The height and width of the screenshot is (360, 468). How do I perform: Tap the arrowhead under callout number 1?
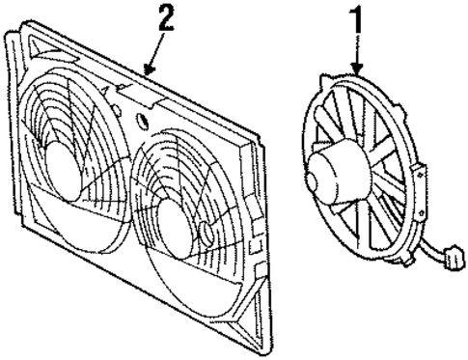click(355, 72)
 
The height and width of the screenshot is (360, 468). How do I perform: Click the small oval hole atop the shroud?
click(143, 122)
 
